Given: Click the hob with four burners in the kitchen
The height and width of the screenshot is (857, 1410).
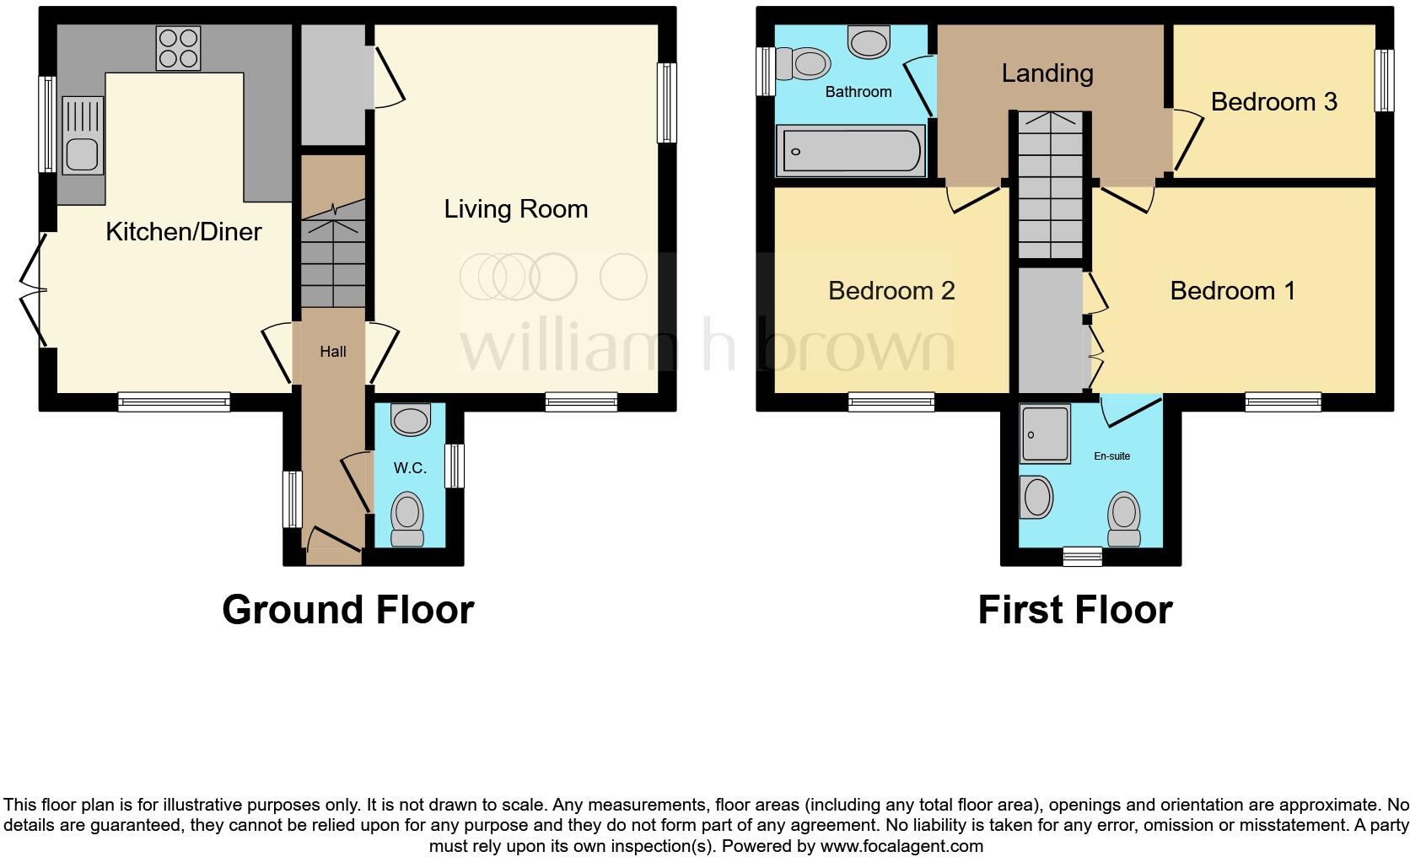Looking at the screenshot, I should point(178,47).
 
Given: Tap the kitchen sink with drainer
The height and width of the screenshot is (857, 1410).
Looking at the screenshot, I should point(82,136).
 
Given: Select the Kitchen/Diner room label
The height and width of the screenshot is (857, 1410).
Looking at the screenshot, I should point(184,231).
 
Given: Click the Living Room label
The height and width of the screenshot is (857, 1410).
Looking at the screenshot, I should point(515,208).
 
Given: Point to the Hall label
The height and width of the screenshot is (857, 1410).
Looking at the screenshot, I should point(332,352).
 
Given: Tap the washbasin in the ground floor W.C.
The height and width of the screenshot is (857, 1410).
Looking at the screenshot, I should point(411,419).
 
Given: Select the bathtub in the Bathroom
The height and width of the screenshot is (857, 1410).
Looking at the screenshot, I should point(850,152).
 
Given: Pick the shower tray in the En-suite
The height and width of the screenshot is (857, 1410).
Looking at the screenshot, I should point(1045,434).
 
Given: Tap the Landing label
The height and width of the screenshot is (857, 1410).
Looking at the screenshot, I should point(1047,73).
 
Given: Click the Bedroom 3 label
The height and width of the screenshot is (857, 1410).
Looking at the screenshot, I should point(1273,102).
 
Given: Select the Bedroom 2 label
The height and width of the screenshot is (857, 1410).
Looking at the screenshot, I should point(891,291).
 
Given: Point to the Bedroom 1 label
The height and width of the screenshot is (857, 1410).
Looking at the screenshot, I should point(1232,291).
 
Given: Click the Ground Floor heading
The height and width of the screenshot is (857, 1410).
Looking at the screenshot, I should point(347,609).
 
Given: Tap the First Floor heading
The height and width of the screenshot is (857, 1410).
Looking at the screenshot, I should point(1074,609).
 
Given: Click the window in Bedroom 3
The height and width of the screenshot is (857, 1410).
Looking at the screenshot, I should point(1383,81).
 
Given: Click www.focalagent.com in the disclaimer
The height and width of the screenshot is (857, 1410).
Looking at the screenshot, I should point(900,846).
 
